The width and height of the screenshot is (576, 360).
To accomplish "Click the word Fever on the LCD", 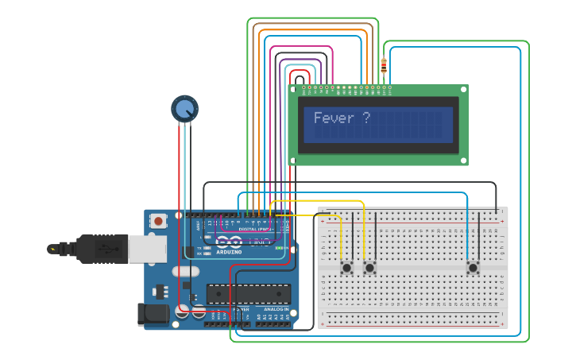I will [x=331, y=118].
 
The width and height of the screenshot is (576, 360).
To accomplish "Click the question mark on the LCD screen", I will [x=365, y=118].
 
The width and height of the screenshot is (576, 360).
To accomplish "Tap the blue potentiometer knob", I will [x=185, y=109].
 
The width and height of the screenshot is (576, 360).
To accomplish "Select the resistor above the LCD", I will [x=385, y=67].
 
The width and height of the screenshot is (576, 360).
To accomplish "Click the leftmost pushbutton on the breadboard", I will [x=347, y=268].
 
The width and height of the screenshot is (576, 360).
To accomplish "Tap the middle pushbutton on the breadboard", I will [x=369, y=268].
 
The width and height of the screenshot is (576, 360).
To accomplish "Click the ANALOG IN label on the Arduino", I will [x=276, y=309].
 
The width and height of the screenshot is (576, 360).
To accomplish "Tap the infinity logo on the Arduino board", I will [x=229, y=241].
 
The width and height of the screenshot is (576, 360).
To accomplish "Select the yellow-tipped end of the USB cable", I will [x=53, y=249].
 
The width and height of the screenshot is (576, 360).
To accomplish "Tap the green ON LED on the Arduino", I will [x=279, y=248].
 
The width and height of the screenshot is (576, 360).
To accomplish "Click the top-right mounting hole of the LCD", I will [x=462, y=91].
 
